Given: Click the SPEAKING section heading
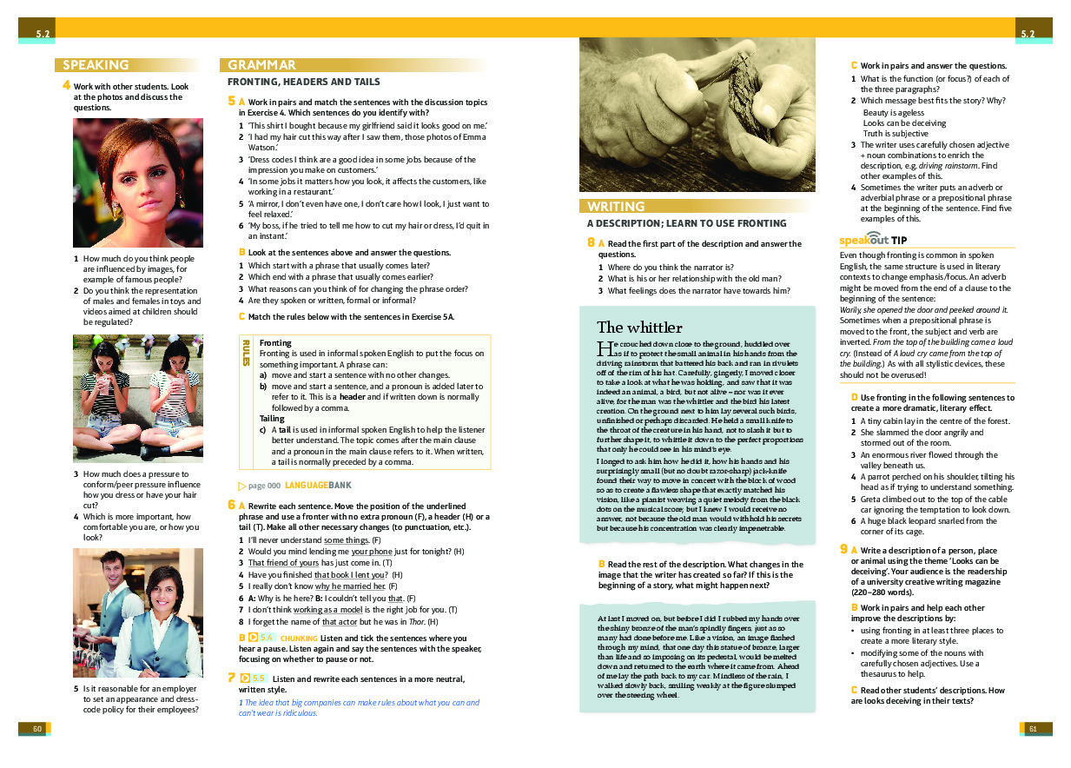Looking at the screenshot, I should tap(96, 65).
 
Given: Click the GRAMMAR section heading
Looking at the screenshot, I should tap(261, 65).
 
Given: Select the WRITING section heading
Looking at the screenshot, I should tap(616, 207).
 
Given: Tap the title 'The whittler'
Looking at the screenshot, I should tap(639, 328).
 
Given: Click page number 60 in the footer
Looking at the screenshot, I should tap(36, 728).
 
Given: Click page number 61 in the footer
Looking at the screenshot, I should tap(1033, 728).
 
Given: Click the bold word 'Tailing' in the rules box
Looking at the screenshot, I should tap(272, 419).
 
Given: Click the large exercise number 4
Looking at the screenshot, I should tap(66, 85).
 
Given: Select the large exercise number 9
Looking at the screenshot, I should tap(843, 548).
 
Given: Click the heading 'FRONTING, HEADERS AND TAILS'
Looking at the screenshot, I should tap(303, 82).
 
